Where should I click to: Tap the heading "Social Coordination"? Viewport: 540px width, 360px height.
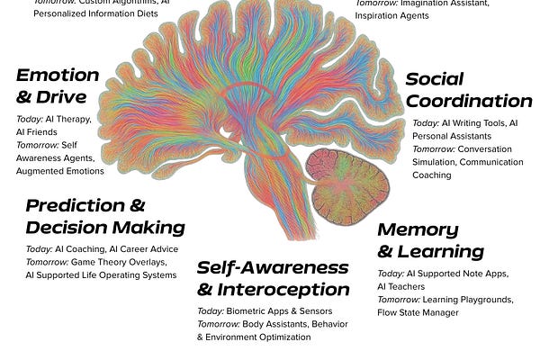point(468,91)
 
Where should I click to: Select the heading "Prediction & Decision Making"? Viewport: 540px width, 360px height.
point(104,216)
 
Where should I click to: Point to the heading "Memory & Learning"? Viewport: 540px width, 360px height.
point(429,239)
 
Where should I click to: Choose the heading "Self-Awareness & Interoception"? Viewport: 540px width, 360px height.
point(272,278)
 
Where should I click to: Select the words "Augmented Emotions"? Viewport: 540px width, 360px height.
point(59,171)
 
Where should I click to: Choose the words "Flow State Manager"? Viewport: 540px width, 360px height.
point(418,312)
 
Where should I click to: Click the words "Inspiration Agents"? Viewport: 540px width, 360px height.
point(396,15)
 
